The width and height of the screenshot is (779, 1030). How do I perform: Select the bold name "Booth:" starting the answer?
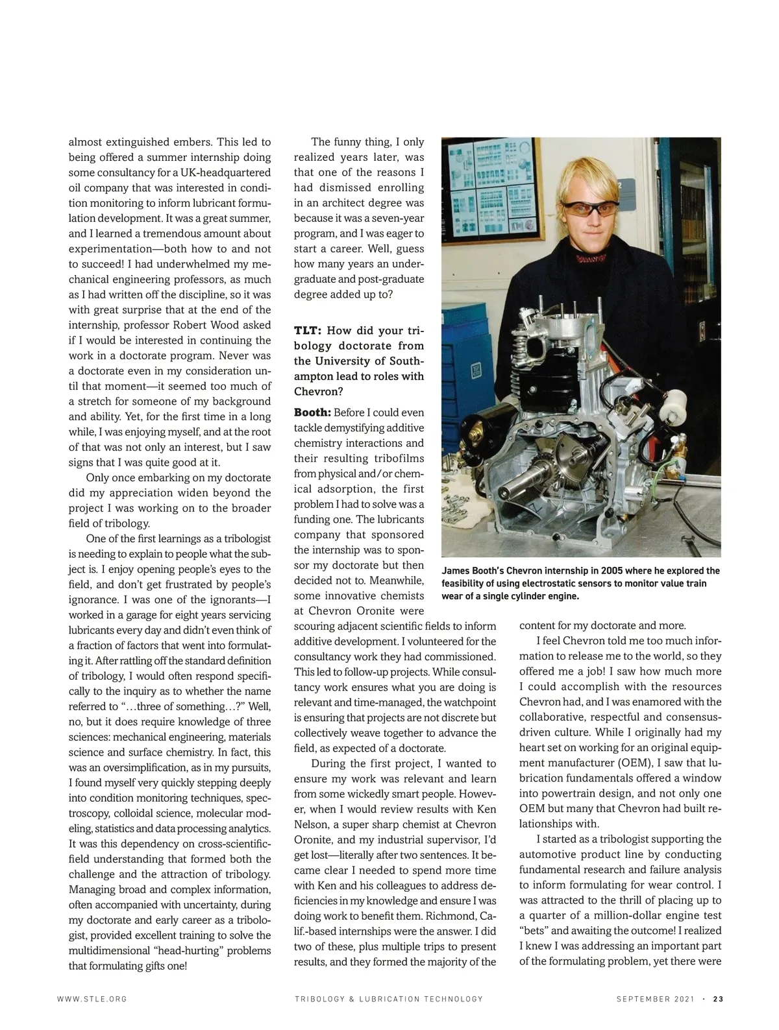coord(312,413)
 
